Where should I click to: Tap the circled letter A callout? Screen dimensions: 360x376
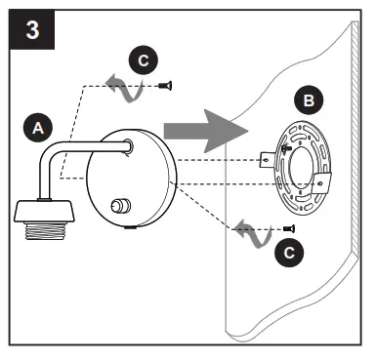(x=38, y=127)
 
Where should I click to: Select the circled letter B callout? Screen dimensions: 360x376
(x=309, y=100)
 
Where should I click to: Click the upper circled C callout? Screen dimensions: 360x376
(x=145, y=60)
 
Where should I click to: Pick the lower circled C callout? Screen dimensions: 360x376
(x=287, y=253)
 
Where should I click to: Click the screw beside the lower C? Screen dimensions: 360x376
(x=288, y=226)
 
